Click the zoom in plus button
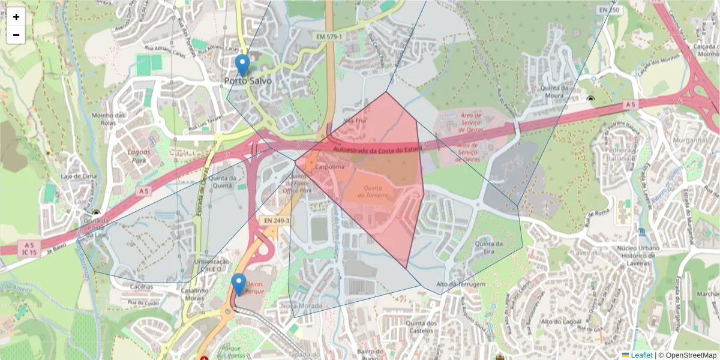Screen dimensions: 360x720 (x=16, y=17)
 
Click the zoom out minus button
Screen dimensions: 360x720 (x=16, y=35)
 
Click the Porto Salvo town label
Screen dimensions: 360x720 (x=247, y=80)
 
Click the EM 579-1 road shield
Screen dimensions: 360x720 (x=329, y=37)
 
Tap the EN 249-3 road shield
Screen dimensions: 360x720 (x=276, y=221)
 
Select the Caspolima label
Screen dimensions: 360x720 (x=330, y=167)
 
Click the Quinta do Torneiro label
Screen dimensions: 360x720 (x=374, y=191)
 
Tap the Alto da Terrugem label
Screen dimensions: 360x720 (x=460, y=284)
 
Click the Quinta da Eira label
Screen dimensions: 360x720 (x=488, y=247)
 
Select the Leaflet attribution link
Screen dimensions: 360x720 (x=641, y=355)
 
